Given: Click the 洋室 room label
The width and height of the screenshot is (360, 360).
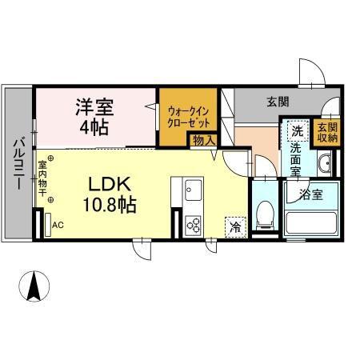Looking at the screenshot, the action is [94, 107].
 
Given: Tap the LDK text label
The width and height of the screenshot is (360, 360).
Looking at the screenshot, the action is [110, 184].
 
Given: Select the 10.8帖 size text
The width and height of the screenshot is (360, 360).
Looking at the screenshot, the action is [110, 205].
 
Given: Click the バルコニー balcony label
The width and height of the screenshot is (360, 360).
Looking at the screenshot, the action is [19, 163].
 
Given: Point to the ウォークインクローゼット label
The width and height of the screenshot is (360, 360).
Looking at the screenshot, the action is [189, 118].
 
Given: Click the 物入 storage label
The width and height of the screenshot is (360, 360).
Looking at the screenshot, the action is [204, 141].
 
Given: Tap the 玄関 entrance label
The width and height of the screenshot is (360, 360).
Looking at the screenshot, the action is [278, 102].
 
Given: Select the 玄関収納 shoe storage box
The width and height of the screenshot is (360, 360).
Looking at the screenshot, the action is [327, 133].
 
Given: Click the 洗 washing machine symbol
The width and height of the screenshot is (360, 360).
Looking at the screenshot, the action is [298, 130].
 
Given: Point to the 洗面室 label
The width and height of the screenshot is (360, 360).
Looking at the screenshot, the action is [295, 159].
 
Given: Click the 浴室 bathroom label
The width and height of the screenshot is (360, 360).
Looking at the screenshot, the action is [311, 195].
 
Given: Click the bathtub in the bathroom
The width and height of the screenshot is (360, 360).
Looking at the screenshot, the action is [311, 223].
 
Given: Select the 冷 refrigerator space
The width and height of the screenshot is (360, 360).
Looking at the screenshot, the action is [236, 227].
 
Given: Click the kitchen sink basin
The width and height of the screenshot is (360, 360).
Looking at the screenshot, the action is [193, 190].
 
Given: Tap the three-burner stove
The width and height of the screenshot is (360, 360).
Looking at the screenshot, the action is [193, 226].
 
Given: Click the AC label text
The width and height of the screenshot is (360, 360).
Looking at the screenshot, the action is [58, 225].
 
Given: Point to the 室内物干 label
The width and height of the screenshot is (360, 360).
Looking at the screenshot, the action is [42, 178].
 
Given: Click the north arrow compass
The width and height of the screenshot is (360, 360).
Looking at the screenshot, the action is [34, 286].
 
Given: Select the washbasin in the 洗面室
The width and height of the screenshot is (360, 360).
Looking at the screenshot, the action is [324, 163].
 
